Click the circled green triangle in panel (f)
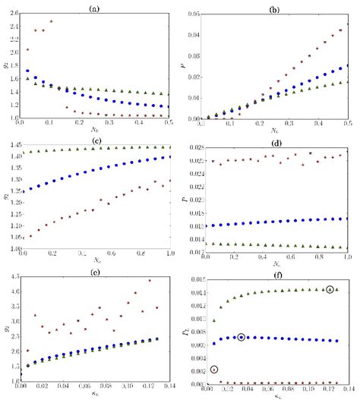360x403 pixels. pos(329,289)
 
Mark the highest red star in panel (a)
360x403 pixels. pos(72,21)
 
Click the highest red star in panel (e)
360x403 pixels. pos(150,281)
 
